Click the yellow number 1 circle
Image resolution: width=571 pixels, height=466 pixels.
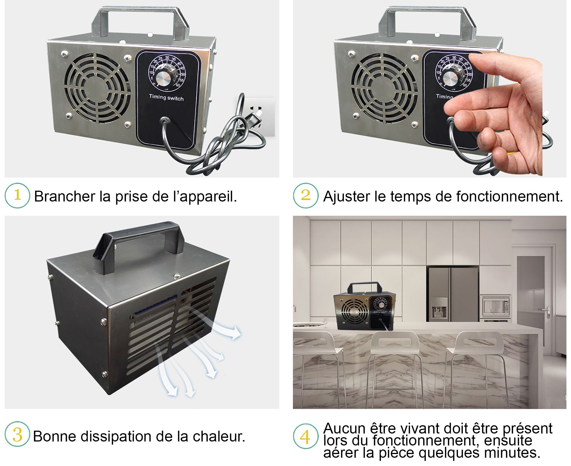(x=17, y=196)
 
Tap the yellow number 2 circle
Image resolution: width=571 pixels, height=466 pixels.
(x=305, y=196)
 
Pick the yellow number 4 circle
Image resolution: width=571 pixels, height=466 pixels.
(x=305, y=436)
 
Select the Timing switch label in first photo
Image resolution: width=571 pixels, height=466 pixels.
(x=166, y=97)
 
